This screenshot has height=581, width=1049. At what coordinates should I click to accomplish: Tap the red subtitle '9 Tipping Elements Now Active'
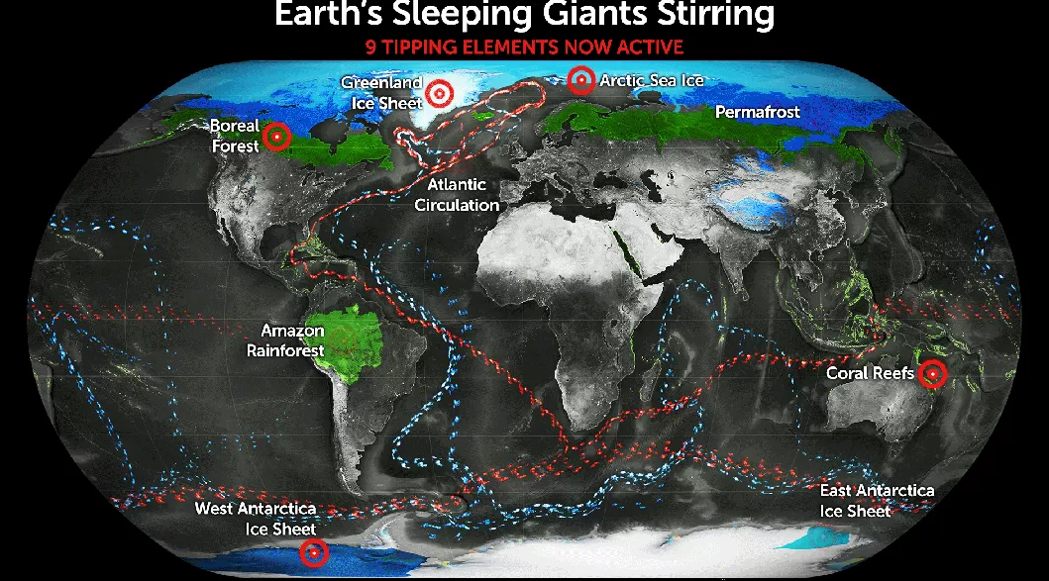524,47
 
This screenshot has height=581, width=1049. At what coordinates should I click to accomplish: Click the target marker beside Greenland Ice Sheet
441,92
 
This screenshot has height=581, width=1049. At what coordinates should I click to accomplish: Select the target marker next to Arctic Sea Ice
582,80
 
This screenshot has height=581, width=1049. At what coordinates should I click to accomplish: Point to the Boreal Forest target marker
278,137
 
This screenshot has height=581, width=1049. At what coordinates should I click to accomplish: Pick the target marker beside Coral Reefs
932,374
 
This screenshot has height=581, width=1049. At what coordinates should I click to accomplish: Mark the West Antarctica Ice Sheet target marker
315,554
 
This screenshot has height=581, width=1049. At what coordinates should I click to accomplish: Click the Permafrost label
757,113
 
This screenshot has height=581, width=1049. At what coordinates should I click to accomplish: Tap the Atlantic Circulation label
457,195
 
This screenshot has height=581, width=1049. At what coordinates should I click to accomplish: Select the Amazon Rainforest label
292,339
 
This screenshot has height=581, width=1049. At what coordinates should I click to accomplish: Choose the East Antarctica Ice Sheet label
877,501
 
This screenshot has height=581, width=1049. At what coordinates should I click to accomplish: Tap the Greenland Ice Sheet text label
381,92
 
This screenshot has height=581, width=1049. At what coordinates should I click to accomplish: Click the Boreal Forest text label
235,137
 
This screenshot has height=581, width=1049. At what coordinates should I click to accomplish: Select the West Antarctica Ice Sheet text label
256,519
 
